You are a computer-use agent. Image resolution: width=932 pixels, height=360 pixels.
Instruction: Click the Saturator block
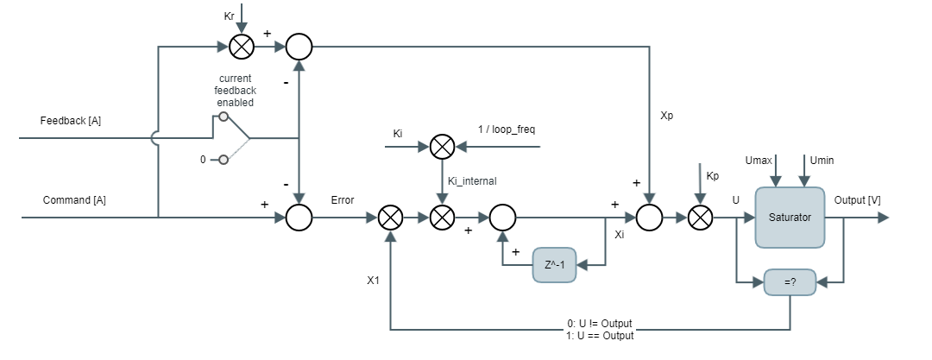click(x=790, y=218)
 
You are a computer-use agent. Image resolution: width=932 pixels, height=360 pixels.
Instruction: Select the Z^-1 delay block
click(x=554, y=264)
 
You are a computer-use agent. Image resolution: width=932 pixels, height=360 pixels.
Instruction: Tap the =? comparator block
click(x=790, y=281)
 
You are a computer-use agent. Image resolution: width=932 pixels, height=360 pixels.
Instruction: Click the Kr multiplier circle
click(x=242, y=46)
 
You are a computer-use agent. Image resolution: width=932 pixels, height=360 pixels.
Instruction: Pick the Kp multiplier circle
click(x=700, y=218)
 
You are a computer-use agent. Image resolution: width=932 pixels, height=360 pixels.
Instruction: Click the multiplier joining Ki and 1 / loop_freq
click(x=442, y=147)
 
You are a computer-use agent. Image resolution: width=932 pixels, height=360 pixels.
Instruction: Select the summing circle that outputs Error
click(x=299, y=218)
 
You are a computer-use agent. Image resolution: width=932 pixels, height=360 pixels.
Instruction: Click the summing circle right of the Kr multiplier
click(x=299, y=46)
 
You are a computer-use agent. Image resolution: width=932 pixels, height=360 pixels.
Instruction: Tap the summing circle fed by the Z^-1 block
click(x=502, y=218)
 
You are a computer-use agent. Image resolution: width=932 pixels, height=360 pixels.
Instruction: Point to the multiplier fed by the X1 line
click(x=391, y=218)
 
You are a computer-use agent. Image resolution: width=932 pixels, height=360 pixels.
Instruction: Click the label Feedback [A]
click(x=71, y=121)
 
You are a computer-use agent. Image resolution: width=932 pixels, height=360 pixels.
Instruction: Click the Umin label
click(x=822, y=161)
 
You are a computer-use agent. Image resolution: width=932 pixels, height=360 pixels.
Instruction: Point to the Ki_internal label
click(x=473, y=180)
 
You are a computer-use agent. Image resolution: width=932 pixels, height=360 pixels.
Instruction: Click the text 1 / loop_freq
click(x=508, y=129)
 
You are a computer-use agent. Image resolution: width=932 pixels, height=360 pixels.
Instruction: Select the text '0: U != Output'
click(x=601, y=324)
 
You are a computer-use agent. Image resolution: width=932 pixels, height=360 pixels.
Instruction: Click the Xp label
click(x=666, y=115)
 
